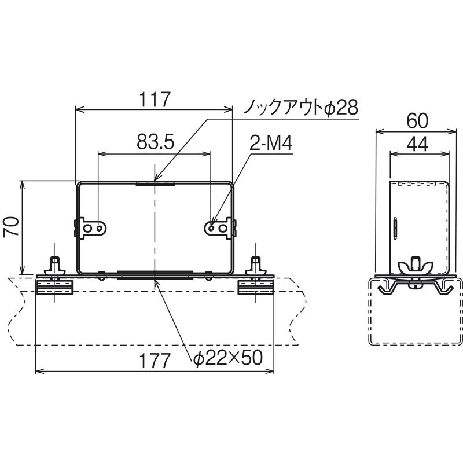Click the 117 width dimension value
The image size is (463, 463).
[x=155, y=100]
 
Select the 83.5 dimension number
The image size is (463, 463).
[x=156, y=142]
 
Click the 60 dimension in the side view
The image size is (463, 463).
[x=417, y=121]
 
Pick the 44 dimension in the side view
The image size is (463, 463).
[x=417, y=144]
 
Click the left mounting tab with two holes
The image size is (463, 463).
[x=92, y=227]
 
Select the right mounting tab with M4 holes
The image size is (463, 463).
[x=219, y=227]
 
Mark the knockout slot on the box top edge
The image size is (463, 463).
[x=155, y=184]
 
